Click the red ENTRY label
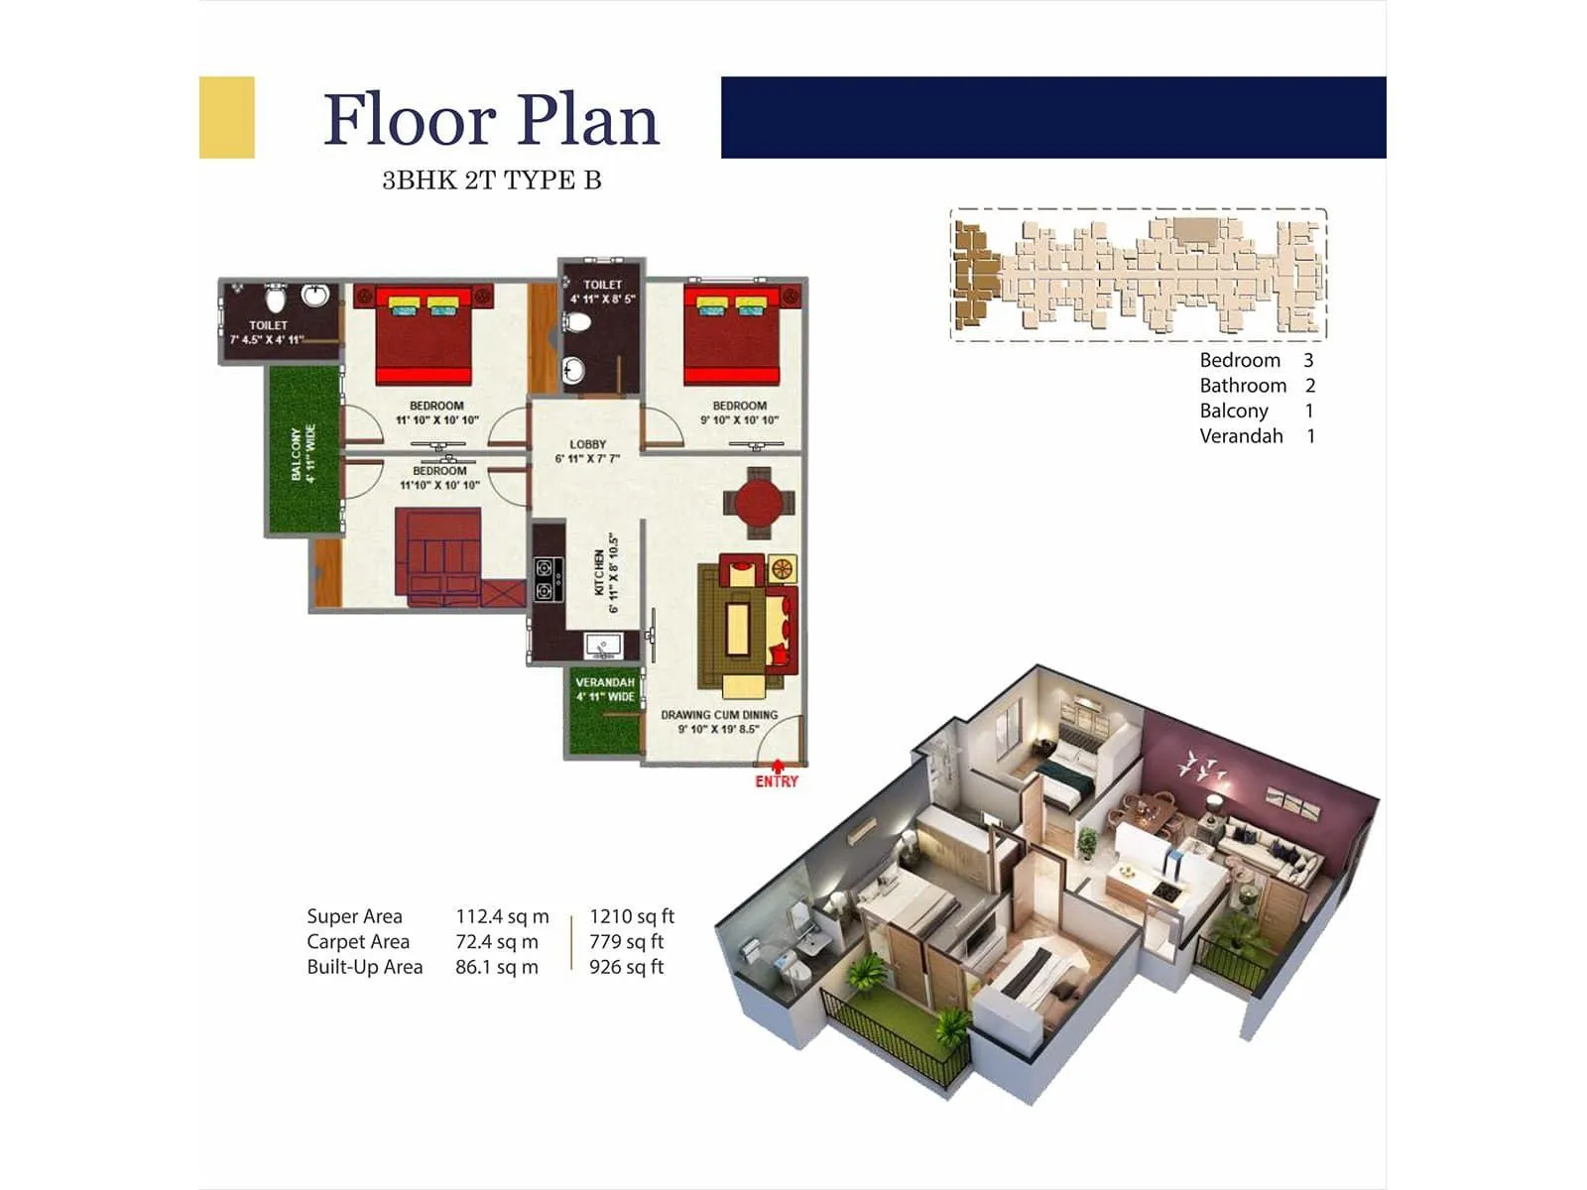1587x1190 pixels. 777,782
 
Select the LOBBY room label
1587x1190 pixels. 587,444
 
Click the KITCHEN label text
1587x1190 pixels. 600,572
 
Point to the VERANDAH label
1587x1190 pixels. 605,682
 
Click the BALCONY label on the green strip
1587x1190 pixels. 296,453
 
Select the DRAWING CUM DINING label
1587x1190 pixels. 719,714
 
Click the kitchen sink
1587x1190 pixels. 602,646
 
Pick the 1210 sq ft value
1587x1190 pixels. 632,916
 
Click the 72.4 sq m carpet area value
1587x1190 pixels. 497,941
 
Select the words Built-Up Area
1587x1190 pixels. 364,967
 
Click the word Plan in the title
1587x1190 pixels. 588,120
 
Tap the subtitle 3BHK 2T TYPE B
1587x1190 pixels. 492,180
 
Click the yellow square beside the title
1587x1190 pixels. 226,117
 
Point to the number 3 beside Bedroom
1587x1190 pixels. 1308,360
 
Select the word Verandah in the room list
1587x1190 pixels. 1241,436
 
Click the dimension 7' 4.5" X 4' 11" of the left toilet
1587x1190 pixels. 268,340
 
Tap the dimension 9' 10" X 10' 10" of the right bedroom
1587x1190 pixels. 739,419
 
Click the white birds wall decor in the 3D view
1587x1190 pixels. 1201,766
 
